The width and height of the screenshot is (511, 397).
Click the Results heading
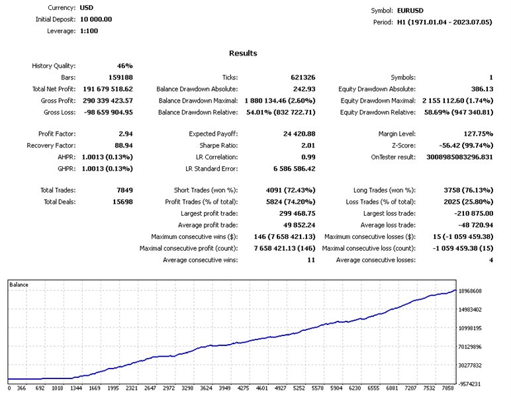(243, 53)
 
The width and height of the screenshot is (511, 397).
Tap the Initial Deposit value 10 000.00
(96, 19)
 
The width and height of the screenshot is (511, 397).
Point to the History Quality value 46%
(125, 66)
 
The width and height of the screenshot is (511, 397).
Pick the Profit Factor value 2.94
(125, 134)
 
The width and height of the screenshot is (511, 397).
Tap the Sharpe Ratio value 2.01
(306, 146)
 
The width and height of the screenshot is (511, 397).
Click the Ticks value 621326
(302, 77)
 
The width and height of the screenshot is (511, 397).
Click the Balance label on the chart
(19, 285)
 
